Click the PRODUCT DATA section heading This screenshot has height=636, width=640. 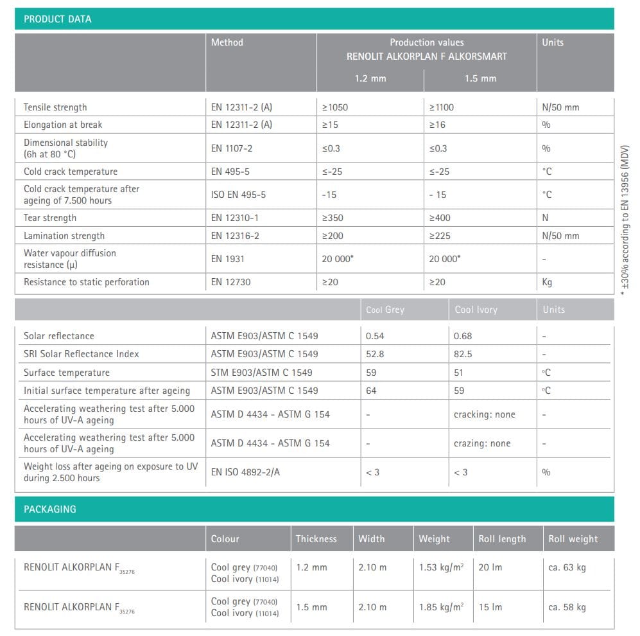(57, 19)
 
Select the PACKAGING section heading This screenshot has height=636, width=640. (49, 509)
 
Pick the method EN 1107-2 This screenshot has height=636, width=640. (232, 148)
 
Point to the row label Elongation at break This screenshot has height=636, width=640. (63, 125)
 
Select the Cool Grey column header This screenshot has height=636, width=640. (385, 310)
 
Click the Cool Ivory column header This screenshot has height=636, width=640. (476, 310)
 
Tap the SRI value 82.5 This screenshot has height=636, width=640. (463, 354)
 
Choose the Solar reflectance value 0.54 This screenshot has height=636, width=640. (375, 336)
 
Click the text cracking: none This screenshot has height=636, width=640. (484, 414)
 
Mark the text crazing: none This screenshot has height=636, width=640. (482, 443)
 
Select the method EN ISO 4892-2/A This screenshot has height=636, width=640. (245, 472)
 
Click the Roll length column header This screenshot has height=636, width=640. (502, 539)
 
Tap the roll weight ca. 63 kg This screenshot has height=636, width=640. (567, 567)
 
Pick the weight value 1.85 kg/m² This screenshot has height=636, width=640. (441, 607)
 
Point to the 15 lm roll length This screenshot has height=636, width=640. (490, 607)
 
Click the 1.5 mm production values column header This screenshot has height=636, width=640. (480, 78)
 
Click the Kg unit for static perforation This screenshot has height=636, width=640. (547, 282)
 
